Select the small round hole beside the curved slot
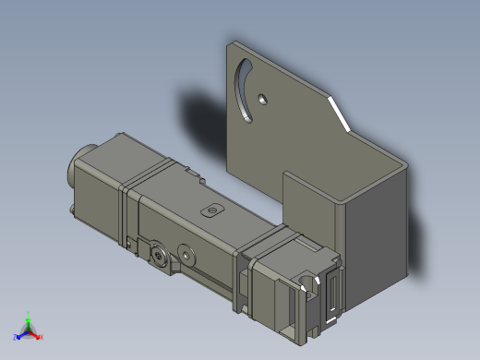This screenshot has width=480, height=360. coord(263,97)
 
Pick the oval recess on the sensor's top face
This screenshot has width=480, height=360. coord(213,209)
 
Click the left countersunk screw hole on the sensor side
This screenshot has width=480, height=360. coord(161,253)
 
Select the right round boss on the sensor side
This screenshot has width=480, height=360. coord(189,254)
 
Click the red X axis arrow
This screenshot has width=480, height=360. coord(40,337)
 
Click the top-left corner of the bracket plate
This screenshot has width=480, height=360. coord(230,42)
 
